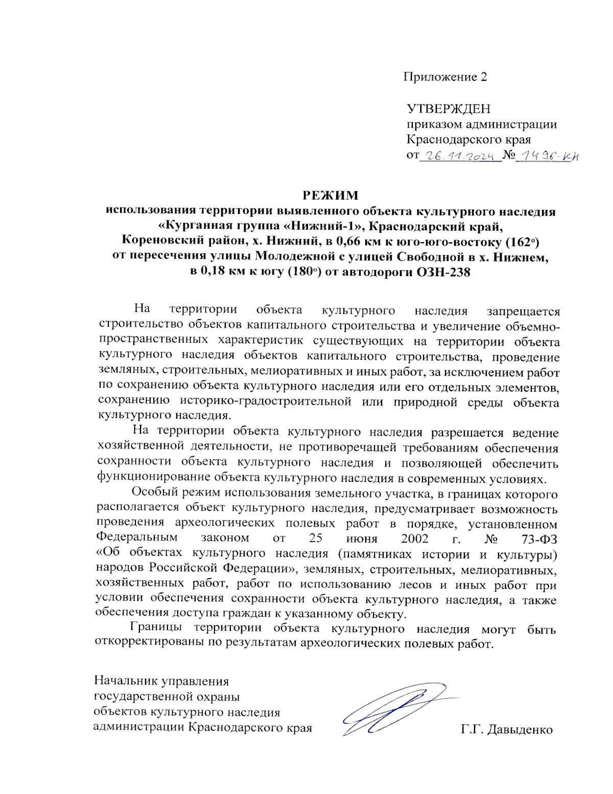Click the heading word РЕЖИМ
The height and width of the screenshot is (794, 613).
pyautogui.click(x=331, y=195)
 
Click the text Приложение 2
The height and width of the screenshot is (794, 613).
pyautogui.click(x=445, y=77)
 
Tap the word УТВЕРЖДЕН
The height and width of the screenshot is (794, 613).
pyautogui.click(x=449, y=109)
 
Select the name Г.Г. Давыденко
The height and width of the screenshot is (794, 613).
pyautogui.click(x=507, y=730)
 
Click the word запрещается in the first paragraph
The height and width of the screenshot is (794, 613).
pyautogui.click(x=523, y=311)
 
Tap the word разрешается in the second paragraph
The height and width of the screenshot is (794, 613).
pyautogui.click(x=467, y=433)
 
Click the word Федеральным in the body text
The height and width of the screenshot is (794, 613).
pyautogui.click(x=136, y=538)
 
